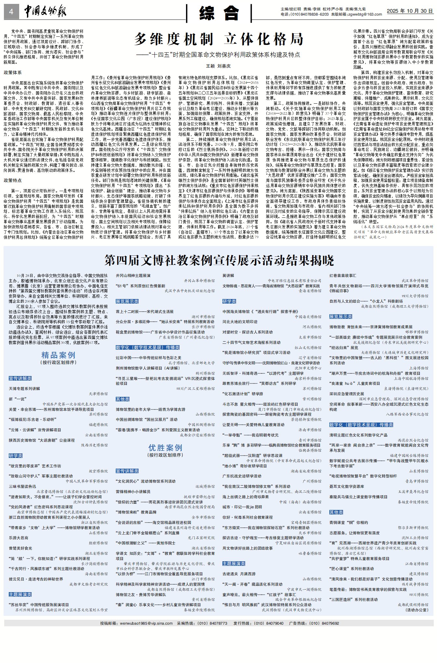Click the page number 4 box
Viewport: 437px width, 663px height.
click(x=11, y=12)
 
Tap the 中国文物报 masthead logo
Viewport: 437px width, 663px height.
click(x=45, y=12)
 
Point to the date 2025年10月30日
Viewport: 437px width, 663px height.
click(x=410, y=11)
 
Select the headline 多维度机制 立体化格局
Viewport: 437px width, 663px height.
click(x=219, y=39)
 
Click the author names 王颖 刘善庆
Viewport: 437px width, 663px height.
click(x=218, y=66)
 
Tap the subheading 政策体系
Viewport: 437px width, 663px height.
click(x=13, y=72)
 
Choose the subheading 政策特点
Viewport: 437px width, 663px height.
click(x=13, y=180)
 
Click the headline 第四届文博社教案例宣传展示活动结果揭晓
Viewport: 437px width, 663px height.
click(x=219, y=260)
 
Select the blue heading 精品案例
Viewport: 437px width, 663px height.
click(x=58, y=355)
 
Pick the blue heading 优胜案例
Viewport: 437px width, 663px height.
click(x=165, y=448)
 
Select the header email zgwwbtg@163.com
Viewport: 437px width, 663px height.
click(x=365, y=14)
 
